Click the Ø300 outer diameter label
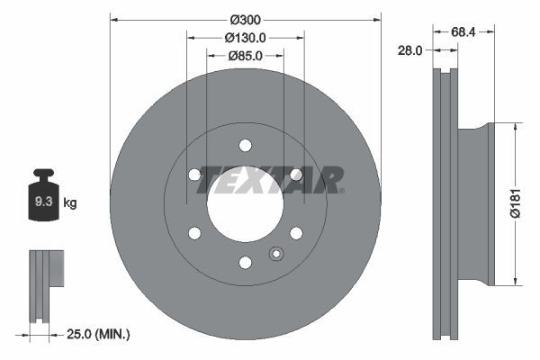(245, 19)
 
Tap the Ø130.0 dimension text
(245, 39)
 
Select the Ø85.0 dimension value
(245, 58)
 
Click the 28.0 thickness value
(409, 51)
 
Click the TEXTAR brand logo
(269, 179)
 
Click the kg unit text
(70, 203)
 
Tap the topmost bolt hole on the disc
(245, 145)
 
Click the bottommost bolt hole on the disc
(245, 263)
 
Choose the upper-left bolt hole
(194, 175)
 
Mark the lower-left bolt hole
(194, 233)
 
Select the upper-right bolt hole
(296, 175)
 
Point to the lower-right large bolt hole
(296, 233)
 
